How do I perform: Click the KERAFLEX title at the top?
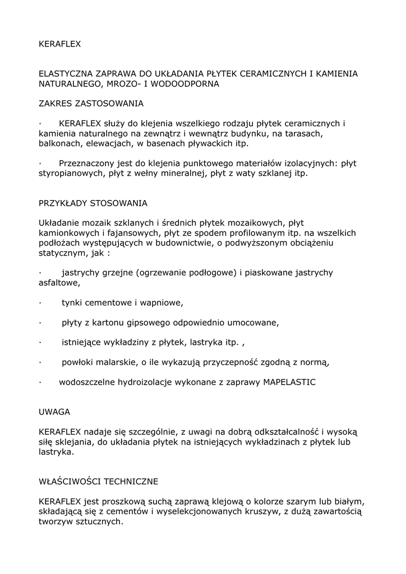click(60, 43)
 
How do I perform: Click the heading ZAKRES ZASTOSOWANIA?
click(91, 103)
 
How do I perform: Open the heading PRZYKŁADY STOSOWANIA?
click(93, 202)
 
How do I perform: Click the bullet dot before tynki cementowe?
click(41, 303)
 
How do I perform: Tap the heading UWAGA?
click(54, 411)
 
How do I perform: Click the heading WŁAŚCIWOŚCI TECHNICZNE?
click(98, 481)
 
